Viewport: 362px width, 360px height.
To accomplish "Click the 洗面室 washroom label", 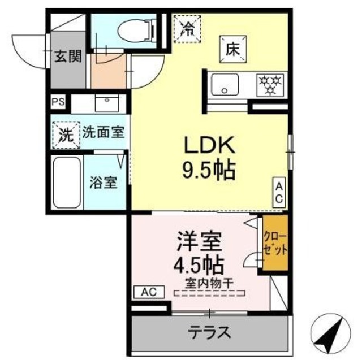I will (x=103, y=133).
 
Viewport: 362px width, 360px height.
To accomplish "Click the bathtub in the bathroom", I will (x=67, y=182).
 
